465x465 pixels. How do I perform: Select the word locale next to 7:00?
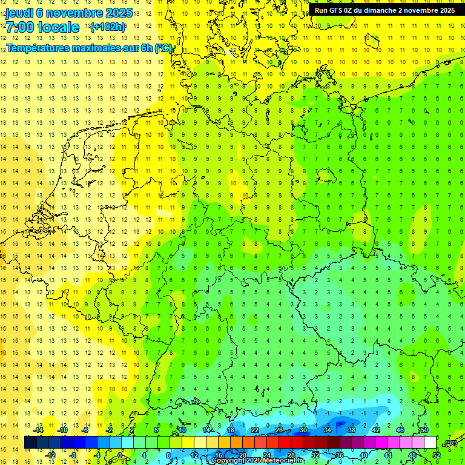pos(58,27)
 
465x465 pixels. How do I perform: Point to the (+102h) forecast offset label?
pos(108,27)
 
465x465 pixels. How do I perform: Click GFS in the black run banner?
pos(335,10)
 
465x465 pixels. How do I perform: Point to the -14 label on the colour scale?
pos(38,430)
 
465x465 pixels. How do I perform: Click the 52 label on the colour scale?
pos(437,455)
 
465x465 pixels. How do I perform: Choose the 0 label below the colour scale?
pos(121,455)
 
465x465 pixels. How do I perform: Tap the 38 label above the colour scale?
pos(351,430)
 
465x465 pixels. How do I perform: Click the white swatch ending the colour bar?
pos(430,443)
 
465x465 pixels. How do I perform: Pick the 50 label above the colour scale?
pos(424,430)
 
